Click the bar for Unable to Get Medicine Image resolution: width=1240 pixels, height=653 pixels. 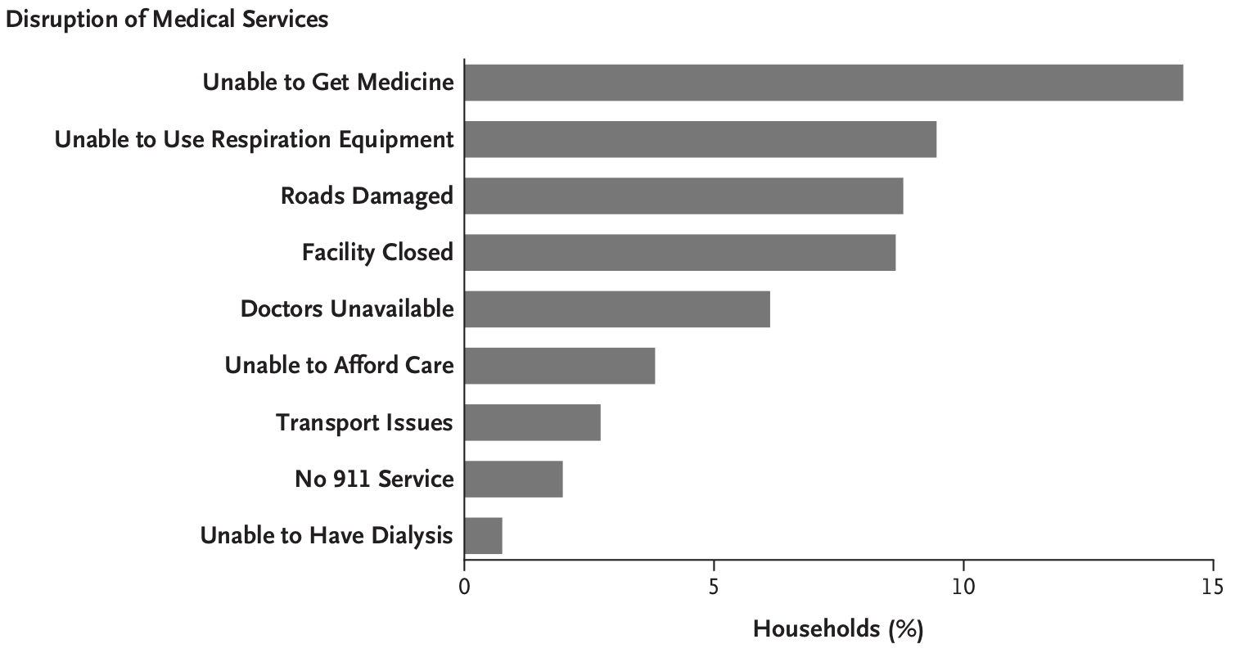[823, 83]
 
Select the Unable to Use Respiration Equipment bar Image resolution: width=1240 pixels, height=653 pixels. [700, 139]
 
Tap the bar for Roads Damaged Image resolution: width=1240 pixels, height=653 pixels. [683, 196]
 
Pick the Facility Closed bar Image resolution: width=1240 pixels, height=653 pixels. [679, 252]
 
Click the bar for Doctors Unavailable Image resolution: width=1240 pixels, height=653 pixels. [617, 308]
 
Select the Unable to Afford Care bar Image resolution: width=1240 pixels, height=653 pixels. [560, 365]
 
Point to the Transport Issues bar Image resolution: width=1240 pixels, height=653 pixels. [532, 422]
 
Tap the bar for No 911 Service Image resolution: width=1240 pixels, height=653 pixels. [513, 479]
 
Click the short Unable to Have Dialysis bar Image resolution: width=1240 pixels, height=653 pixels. [483, 535]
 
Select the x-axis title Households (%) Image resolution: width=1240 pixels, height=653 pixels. [837, 629]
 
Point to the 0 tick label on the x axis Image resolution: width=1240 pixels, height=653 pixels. [464, 587]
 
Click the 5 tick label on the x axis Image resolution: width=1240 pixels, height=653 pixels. [714, 587]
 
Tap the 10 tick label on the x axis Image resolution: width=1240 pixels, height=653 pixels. [963, 587]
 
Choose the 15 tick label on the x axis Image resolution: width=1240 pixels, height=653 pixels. [1212, 587]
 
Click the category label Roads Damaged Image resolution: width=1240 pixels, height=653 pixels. [366, 196]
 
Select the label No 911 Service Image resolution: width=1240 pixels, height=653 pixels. [374, 479]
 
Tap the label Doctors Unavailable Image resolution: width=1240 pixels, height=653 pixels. [346, 309]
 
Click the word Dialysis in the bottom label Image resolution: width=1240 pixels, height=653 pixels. [413, 536]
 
